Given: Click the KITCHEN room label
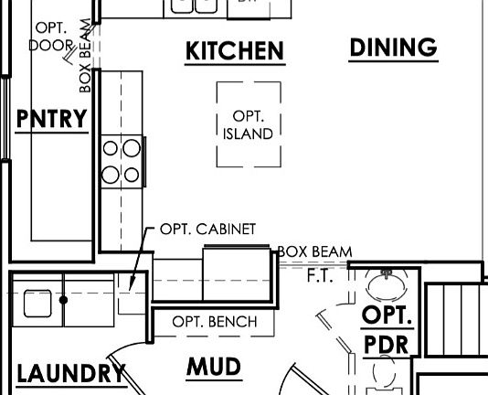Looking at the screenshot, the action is click(235, 51).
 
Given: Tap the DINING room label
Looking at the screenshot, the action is click(393, 48).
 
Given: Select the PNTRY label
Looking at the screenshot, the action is click(52, 118).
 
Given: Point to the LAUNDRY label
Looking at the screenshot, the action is click(71, 373).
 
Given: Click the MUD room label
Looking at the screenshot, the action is click(214, 367).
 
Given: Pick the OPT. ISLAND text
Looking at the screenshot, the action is click(248, 125).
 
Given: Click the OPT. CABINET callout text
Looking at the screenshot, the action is click(207, 229).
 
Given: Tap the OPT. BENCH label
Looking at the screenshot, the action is click(215, 322).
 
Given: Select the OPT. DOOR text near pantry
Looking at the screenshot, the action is click(51, 37).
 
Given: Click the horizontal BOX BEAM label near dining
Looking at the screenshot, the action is click(314, 251).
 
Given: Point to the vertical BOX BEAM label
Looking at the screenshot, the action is click(85, 56).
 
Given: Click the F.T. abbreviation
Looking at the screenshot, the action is click(320, 276).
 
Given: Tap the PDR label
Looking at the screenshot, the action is click(386, 345).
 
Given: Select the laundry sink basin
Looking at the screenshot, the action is click(37, 304).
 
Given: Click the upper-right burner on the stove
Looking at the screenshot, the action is click(132, 148).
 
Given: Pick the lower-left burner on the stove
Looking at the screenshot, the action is click(111, 175).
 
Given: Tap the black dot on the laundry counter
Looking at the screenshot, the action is click(63, 300).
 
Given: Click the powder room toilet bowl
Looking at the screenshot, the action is click(385, 370).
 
